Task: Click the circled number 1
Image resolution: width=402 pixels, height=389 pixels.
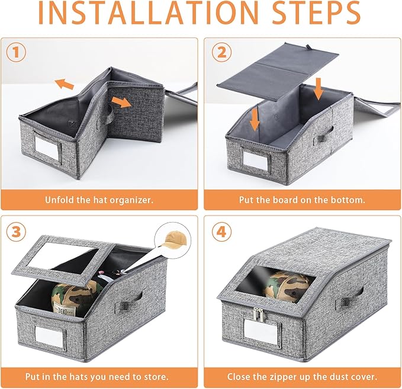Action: [16, 52]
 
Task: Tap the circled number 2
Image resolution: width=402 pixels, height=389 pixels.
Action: [221, 52]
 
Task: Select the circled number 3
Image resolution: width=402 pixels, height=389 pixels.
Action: [16, 232]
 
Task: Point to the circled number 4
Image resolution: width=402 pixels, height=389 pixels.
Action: [221, 232]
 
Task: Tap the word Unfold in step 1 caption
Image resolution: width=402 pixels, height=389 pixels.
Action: [59, 200]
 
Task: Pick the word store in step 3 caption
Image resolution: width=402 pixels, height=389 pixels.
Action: [156, 377]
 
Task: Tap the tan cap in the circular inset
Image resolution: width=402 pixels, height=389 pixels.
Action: [174, 240]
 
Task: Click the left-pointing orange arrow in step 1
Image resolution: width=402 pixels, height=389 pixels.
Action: [65, 84]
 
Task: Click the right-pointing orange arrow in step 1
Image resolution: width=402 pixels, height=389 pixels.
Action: [121, 102]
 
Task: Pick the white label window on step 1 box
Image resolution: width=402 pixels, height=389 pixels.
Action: [47, 147]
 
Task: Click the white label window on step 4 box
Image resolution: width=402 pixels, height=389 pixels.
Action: [261, 332]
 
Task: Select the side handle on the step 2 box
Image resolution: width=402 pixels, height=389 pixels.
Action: [326, 135]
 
